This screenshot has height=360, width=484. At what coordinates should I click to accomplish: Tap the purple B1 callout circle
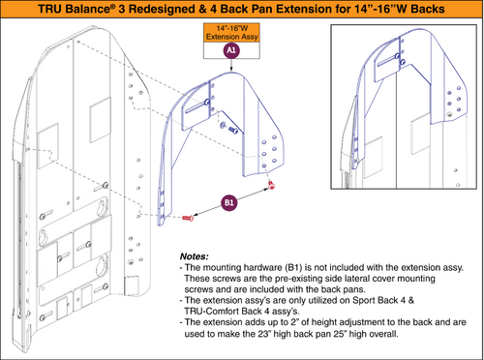[229, 204]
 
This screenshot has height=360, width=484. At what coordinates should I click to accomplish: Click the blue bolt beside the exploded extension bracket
[224, 126]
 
